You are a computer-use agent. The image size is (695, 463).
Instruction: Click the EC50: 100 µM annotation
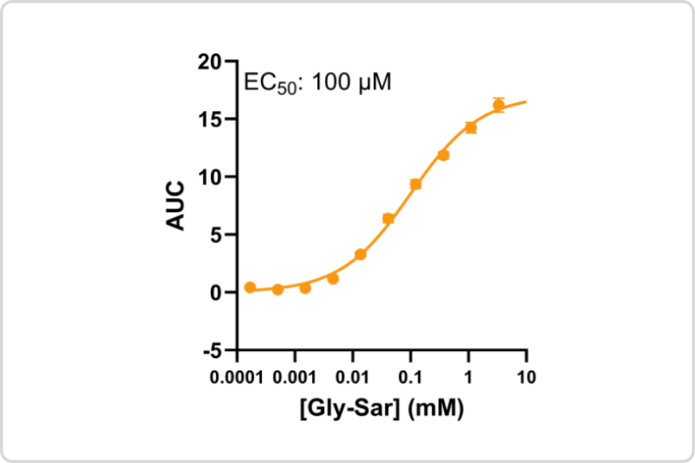pos(317,82)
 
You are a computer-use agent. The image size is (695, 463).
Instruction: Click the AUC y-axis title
pos(176,205)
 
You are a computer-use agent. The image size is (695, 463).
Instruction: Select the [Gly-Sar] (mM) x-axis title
pos(381,408)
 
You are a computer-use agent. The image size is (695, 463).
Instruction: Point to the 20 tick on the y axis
pos(216,62)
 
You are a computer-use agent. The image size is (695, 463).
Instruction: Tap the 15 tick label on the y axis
pos(216,120)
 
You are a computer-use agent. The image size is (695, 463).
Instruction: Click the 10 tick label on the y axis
pos(216,177)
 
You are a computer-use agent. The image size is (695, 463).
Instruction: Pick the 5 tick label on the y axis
pos(221,235)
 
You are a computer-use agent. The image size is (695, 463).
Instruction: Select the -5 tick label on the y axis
pos(218,350)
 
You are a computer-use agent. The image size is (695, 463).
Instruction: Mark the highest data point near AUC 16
pos(499,105)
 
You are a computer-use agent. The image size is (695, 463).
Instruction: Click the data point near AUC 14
pos(470,127)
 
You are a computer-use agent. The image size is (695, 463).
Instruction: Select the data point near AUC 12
pos(443,155)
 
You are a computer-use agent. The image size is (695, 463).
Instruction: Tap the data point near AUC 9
pos(415,184)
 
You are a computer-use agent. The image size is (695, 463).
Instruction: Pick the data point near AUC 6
pos(388,218)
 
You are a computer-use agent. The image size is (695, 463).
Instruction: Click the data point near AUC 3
pos(360,255)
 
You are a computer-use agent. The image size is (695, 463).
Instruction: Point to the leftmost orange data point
pos(250,287)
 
